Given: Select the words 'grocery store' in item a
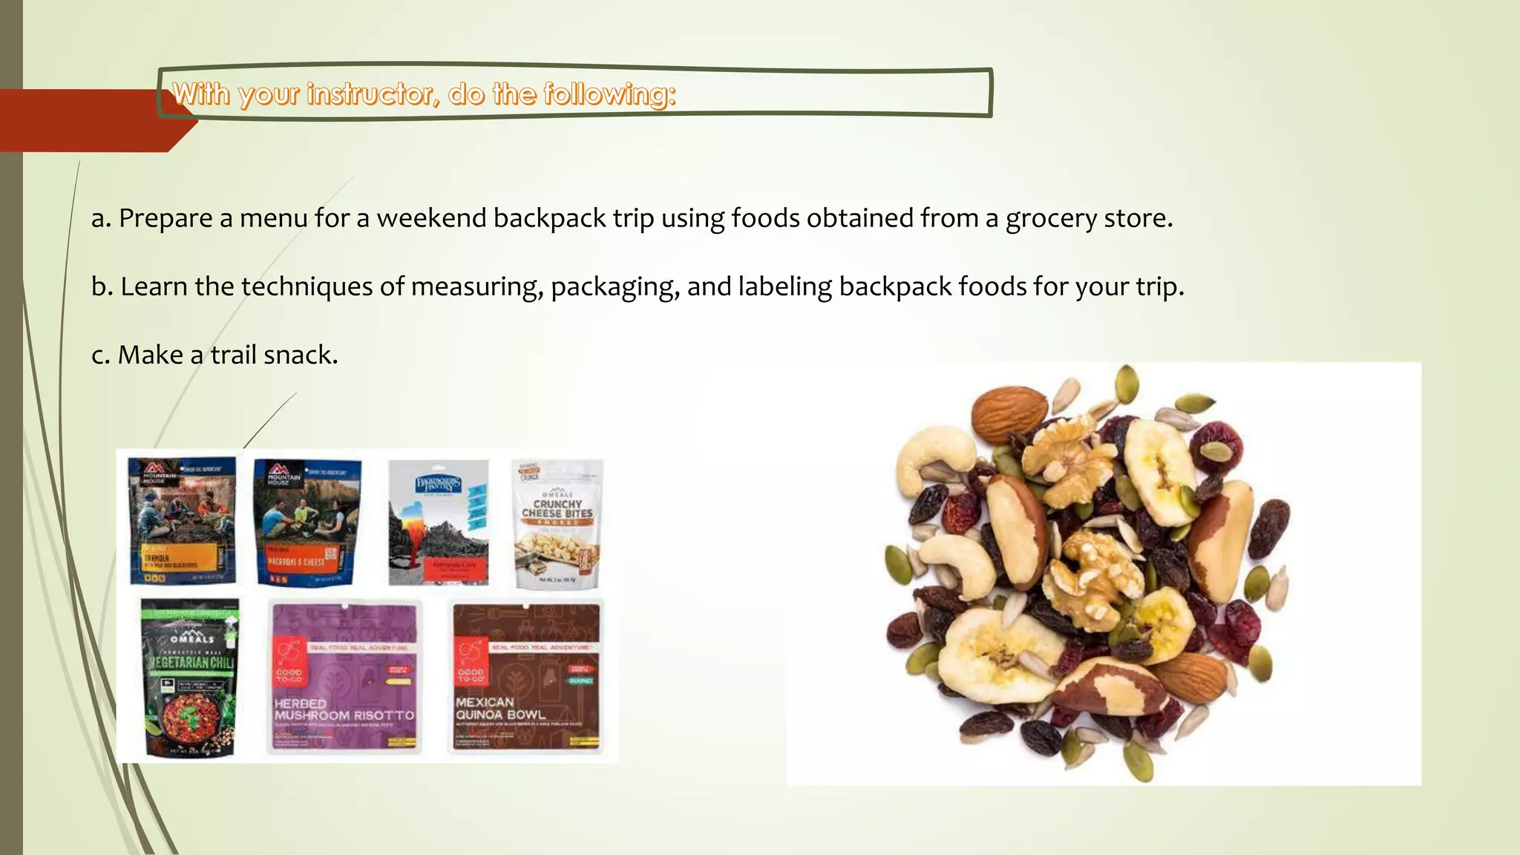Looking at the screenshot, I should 1089,218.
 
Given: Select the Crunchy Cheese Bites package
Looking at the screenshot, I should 557,523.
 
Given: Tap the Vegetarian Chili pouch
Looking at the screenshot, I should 191,677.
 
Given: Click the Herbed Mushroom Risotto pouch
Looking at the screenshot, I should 344,677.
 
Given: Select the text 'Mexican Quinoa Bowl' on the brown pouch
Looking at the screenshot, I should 500,708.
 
